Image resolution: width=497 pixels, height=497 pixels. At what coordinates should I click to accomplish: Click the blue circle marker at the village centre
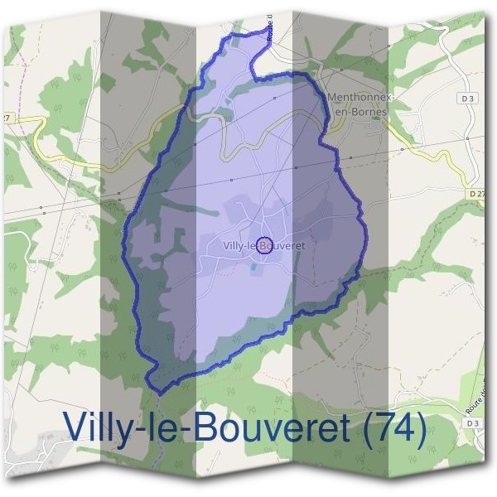264,244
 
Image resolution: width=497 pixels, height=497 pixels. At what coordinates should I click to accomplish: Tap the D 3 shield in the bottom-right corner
473,423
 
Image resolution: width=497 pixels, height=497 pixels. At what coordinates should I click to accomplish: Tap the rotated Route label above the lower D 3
475,403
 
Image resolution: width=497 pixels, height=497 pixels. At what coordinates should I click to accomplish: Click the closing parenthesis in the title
419,429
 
